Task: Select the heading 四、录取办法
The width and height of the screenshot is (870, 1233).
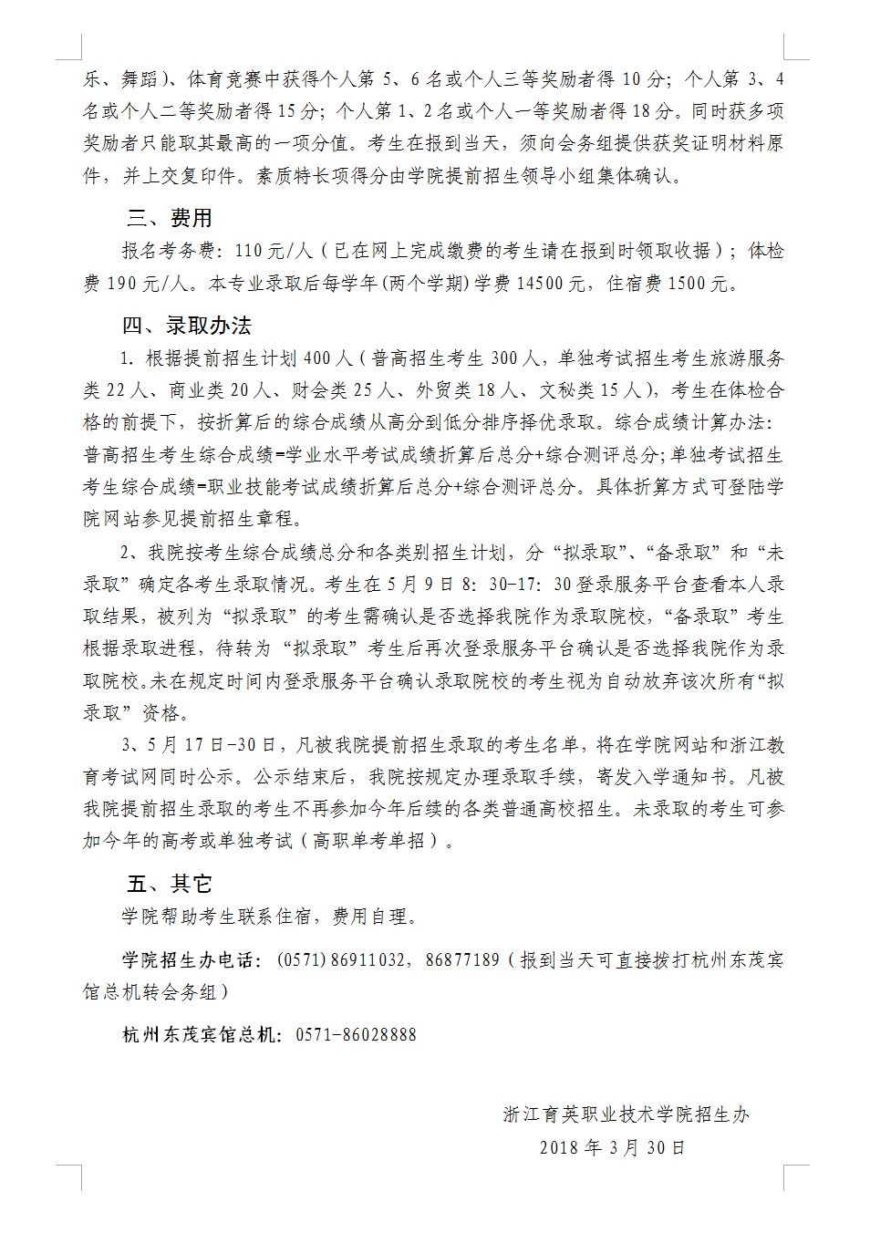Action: pyautogui.click(x=187, y=325)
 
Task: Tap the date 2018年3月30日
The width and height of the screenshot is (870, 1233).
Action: pyautogui.click(x=612, y=1147)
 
